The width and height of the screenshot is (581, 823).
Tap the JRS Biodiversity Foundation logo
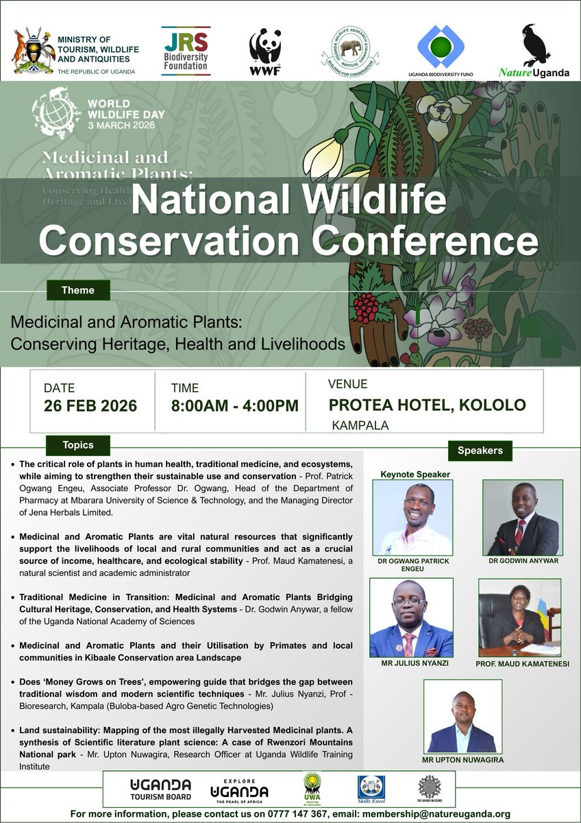click(x=185, y=51)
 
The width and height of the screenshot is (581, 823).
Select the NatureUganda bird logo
click(x=534, y=51)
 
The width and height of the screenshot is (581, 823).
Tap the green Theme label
click(x=78, y=290)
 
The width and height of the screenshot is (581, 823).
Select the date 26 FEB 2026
click(x=90, y=405)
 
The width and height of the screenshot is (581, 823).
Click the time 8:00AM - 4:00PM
click(x=234, y=405)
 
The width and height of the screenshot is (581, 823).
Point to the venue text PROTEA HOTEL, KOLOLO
click(x=428, y=405)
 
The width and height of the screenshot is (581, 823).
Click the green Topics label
click(x=78, y=445)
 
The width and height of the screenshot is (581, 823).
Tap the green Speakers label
click(x=480, y=451)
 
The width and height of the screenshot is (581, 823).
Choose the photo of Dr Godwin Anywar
click(x=523, y=517)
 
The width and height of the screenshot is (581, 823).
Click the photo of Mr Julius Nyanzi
click(x=411, y=618)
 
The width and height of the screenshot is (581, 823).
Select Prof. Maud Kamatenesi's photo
click(x=519, y=618)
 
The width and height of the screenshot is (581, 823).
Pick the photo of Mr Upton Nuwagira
click(x=462, y=717)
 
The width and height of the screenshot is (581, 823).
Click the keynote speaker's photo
click(x=412, y=517)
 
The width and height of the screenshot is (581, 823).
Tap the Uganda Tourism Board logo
click(x=160, y=789)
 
